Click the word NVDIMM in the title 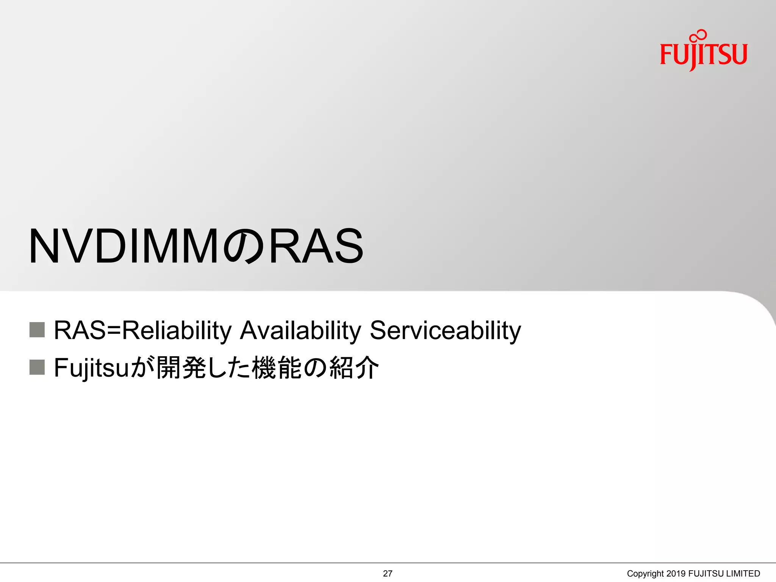[x=124, y=246]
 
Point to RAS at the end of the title [x=316, y=246]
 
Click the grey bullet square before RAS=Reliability [x=37, y=330]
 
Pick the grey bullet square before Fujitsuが [x=37, y=367]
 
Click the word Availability [x=301, y=330]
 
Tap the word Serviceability [x=445, y=330]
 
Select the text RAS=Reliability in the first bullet [x=142, y=330]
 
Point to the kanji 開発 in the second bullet [x=181, y=368]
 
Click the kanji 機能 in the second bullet [x=277, y=368]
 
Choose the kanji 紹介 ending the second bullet [x=354, y=368]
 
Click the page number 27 [x=388, y=574]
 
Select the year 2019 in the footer [x=676, y=574]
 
